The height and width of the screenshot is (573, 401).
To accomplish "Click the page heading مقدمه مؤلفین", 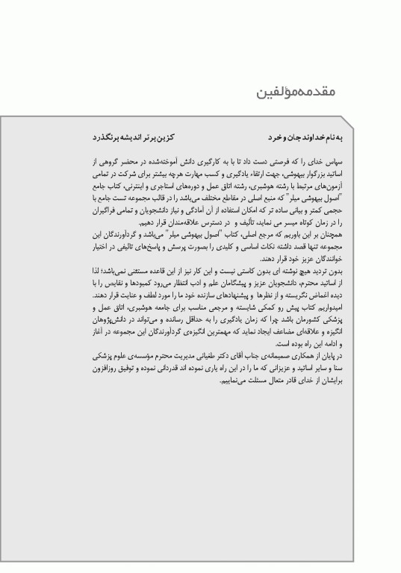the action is [x=296, y=93].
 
